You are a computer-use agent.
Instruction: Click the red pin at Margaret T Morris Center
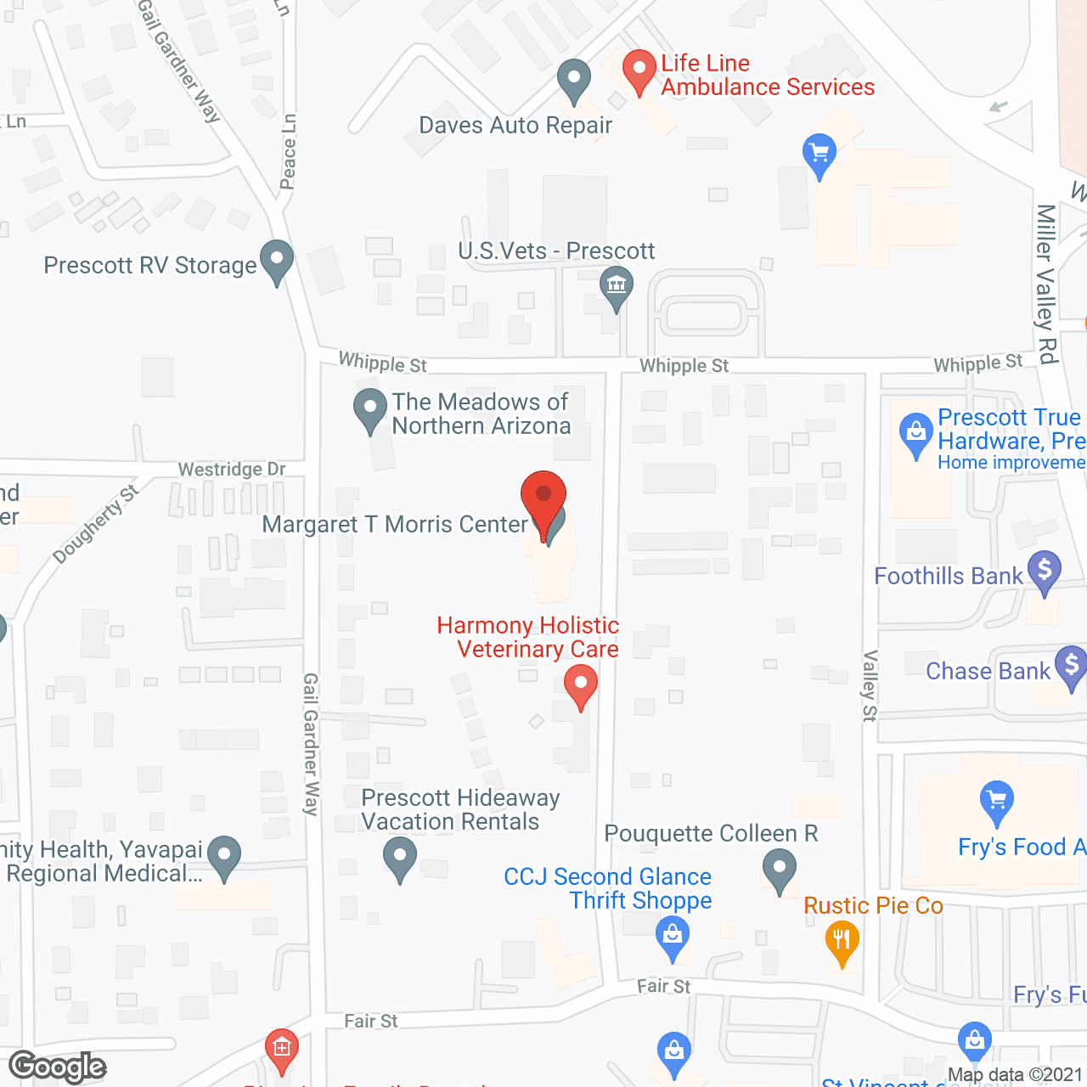pyautogui.click(x=543, y=496)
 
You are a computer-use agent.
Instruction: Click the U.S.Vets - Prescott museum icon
pyautogui.click(x=617, y=286)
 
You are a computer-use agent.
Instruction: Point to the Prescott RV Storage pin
pyautogui.click(x=276, y=261)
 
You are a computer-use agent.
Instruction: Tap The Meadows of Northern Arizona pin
pyautogui.click(x=369, y=408)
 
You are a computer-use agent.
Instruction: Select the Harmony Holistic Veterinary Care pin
pyautogui.click(x=581, y=684)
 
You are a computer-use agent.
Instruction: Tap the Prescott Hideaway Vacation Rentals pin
pyautogui.click(x=399, y=857)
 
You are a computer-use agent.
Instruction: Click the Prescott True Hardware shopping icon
pyautogui.click(x=915, y=433)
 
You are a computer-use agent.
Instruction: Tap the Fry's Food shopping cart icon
pyautogui.click(x=996, y=801)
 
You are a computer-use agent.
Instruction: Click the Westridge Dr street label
pyautogui.click(x=231, y=470)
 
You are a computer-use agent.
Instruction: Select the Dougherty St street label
pyautogui.click(x=95, y=524)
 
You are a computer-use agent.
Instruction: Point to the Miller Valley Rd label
pyautogui.click(x=1046, y=284)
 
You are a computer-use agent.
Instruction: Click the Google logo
pyautogui.click(x=58, y=1067)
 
